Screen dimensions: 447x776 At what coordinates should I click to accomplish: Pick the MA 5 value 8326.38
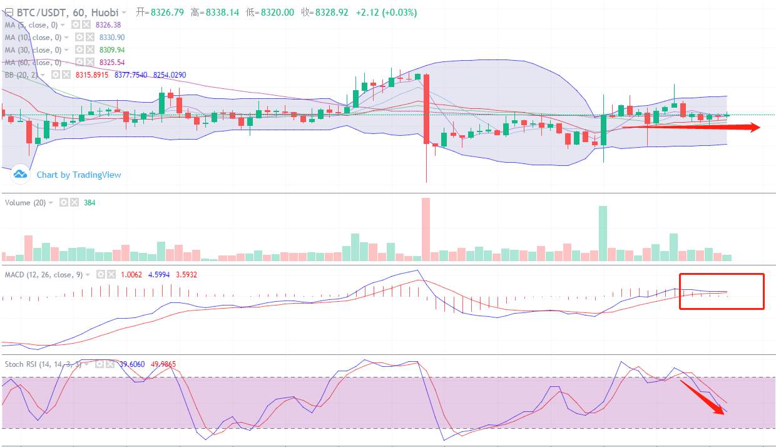(x=108, y=25)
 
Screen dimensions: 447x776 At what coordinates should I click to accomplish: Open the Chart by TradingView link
(x=79, y=175)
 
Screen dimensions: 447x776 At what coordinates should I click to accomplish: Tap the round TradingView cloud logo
(x=20, y=174)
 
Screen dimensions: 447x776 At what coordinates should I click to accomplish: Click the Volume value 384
(x=89, y=203)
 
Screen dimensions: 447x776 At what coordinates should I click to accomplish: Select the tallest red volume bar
(x=426, y=229)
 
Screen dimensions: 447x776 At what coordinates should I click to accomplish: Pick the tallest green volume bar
(x=603, y=233)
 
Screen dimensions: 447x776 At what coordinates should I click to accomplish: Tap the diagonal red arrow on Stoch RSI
(x=704, y=397)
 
